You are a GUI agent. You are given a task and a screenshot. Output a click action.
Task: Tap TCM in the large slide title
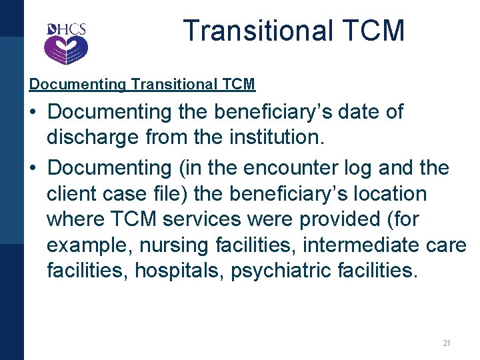[377, 31]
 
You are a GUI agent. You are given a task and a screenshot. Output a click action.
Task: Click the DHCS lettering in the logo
[67, 30]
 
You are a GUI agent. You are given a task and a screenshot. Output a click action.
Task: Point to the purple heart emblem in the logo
[66, 49]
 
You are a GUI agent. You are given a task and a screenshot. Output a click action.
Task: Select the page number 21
[447, 343]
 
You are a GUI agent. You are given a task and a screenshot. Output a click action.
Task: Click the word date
[352, 111]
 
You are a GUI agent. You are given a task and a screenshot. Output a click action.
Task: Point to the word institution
[280, 139]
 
